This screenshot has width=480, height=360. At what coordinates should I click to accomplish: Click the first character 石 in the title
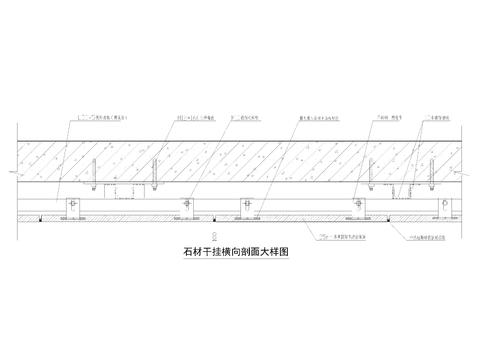(178, 254)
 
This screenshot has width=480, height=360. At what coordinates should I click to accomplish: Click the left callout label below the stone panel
(336, 236)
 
